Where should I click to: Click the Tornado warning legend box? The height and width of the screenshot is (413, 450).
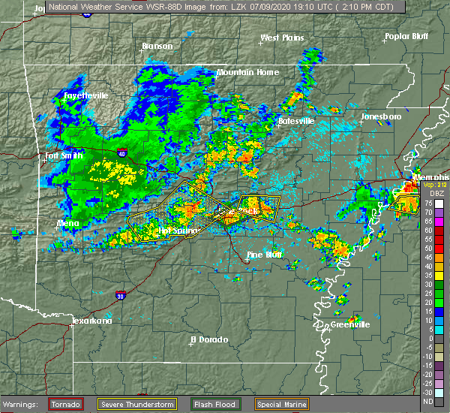(65, 405)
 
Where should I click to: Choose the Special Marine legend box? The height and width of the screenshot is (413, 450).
(276, 405)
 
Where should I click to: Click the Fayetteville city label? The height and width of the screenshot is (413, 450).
(85, 96)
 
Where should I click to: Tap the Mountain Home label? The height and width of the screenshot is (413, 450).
(247, 72)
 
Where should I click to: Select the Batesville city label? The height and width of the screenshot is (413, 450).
(297, 120)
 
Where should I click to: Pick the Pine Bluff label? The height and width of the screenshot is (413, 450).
(265, 255)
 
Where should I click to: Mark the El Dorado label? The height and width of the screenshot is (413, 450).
(209, 339)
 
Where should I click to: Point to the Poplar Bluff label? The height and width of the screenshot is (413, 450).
(406, 36)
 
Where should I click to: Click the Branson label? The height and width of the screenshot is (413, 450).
(157, 46)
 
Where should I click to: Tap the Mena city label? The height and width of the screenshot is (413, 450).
(70, 223)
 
